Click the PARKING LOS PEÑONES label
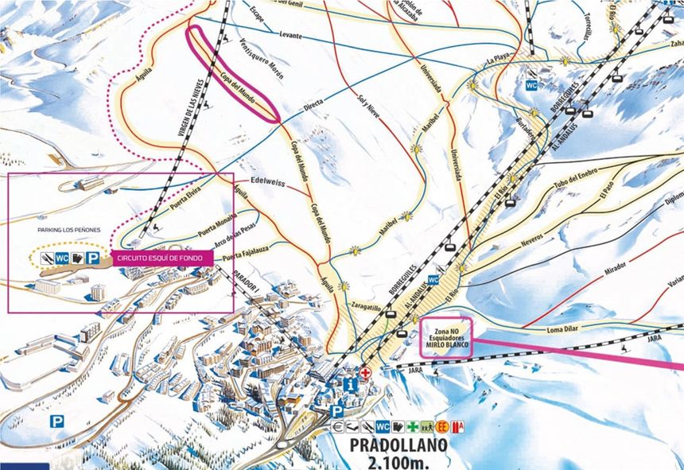tap(69, 230)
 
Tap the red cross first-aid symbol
tap(365, 372)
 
